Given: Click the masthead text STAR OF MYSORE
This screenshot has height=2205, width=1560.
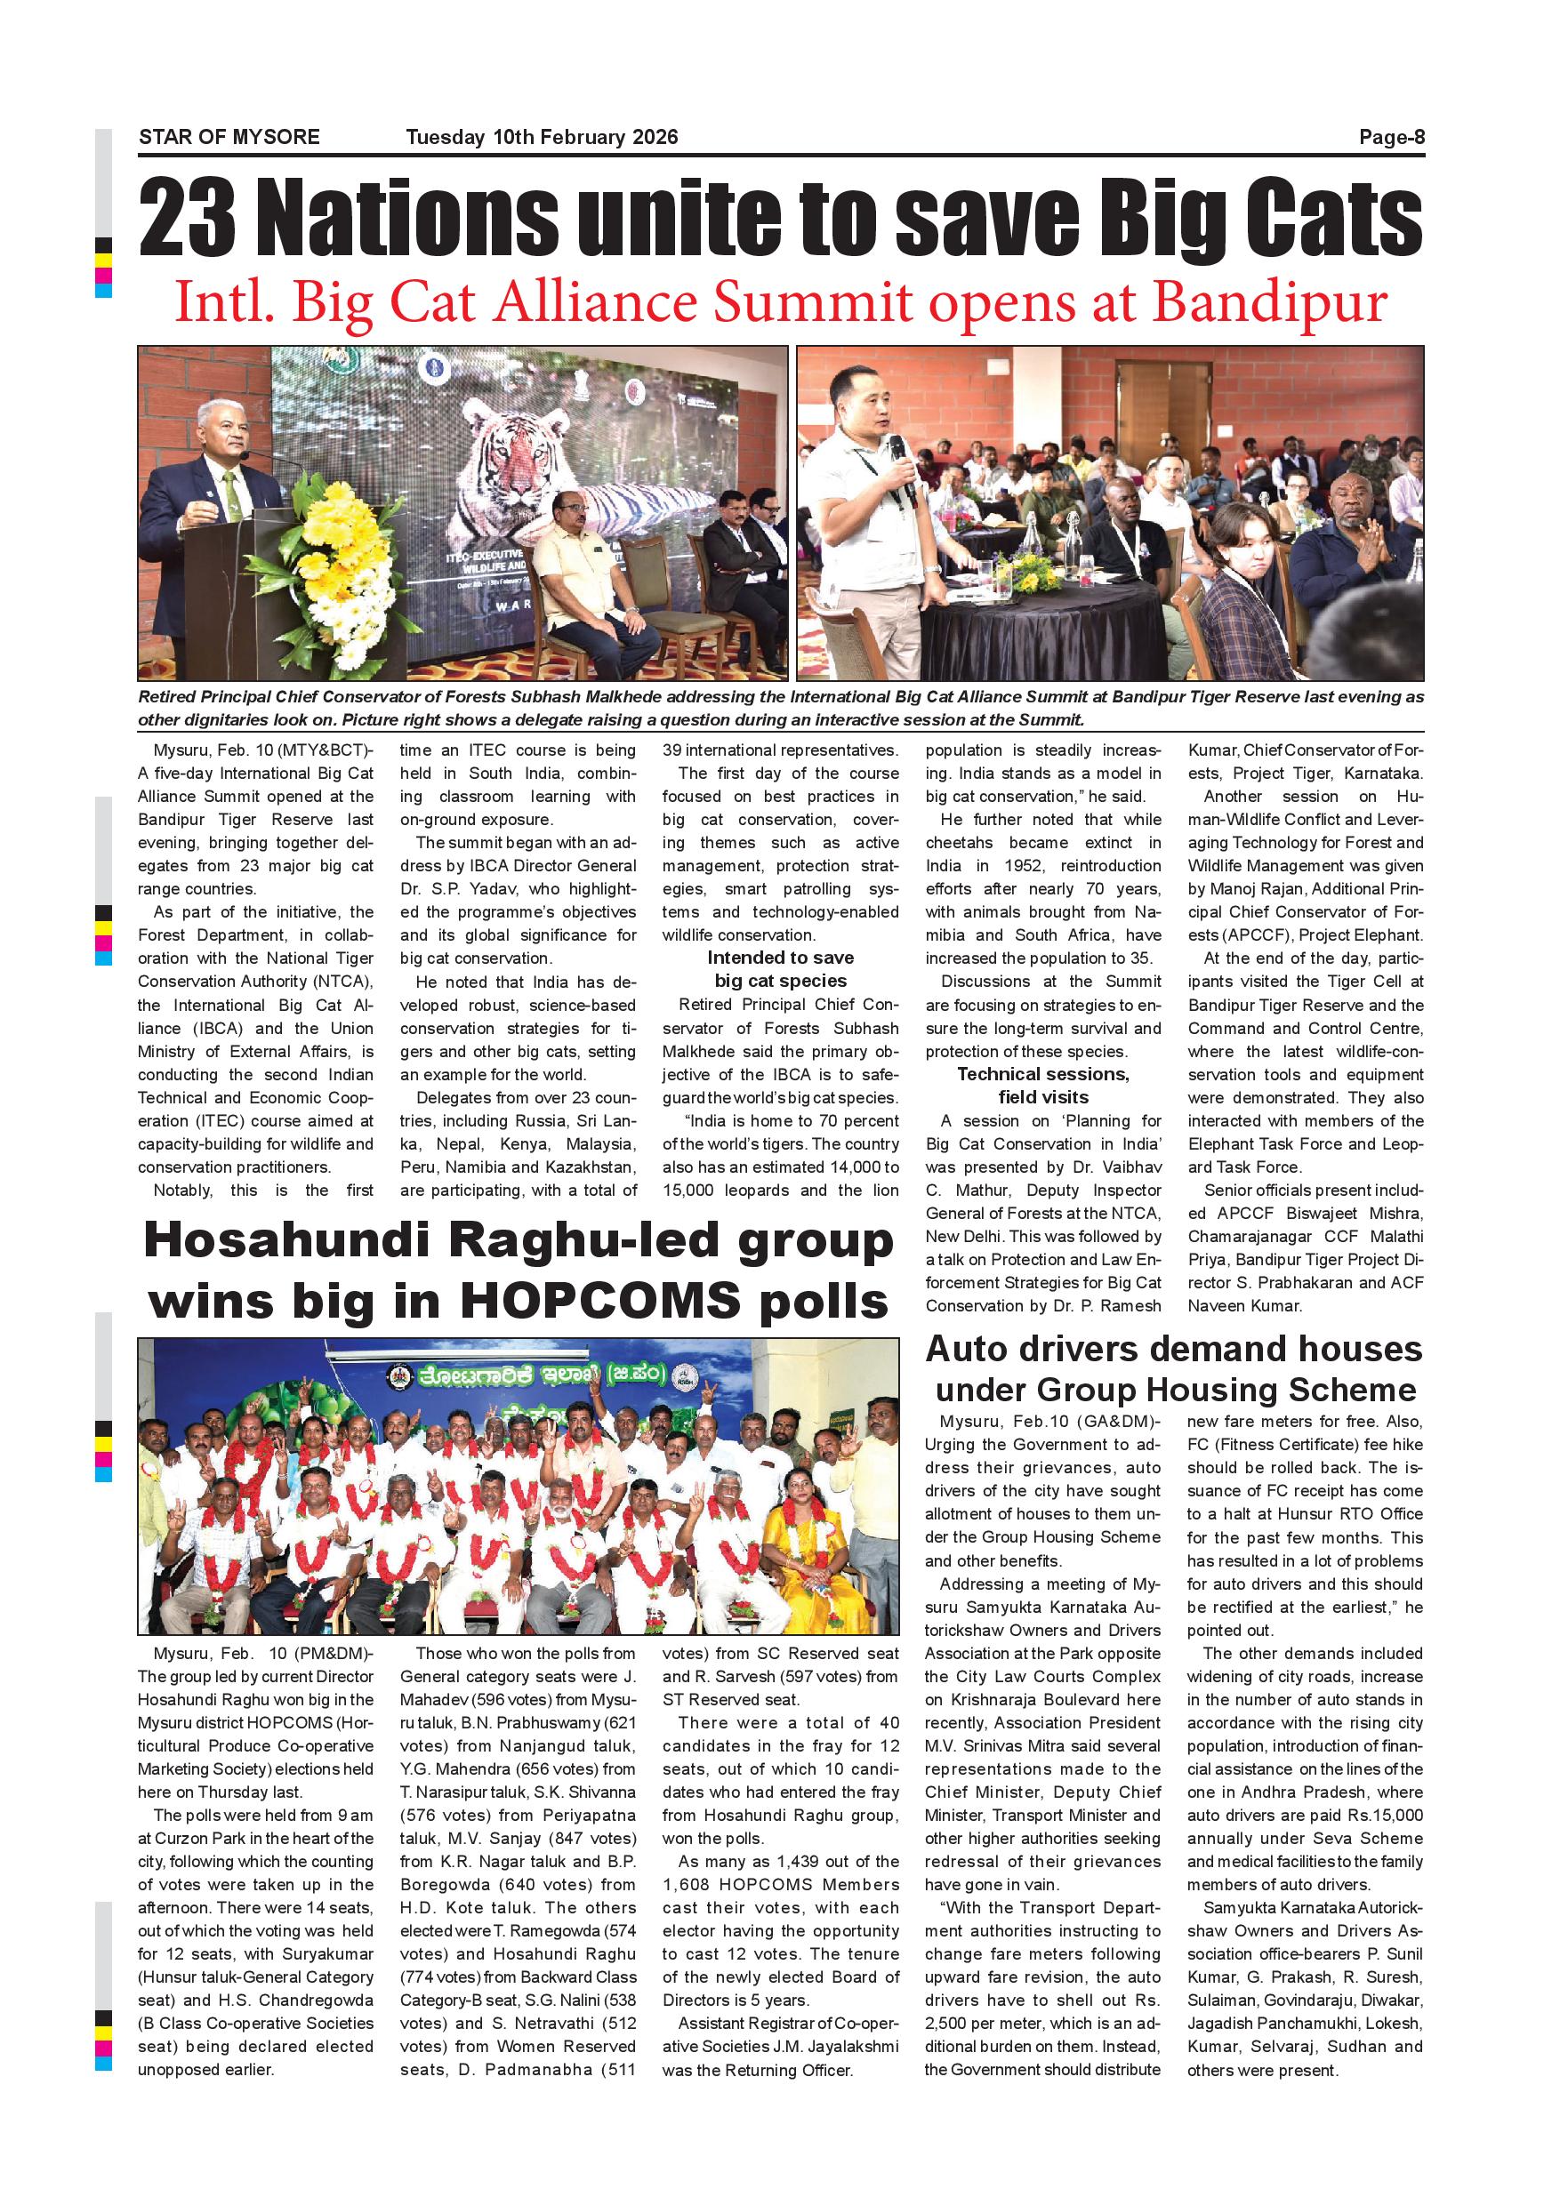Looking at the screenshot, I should (229, 137).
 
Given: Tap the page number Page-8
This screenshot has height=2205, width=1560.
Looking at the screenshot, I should (1391, 137).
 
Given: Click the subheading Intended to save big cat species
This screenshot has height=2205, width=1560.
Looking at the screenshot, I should (780, 969).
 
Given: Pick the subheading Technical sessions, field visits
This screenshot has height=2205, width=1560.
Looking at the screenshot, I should (1043, 1086).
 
